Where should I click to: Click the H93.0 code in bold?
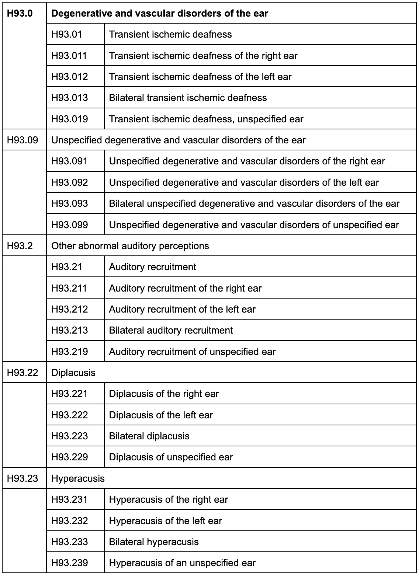(20, 14)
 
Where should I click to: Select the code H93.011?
(69, 56)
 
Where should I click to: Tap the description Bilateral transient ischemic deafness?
(188, 98)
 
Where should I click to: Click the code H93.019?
(70, 119)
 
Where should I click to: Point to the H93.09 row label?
(22, 140)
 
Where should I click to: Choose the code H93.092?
(70, 182)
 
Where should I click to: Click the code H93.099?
(70, 225)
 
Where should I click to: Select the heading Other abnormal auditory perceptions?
(130, 246)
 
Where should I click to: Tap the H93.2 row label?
(20, 246)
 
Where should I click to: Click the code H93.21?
(67, 267)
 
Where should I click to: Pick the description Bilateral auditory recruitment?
(171, 330)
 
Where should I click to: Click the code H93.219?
(70, 352)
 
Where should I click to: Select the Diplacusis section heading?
(73, 373)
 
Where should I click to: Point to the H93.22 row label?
(22, 373)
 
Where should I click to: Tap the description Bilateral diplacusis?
(149, 436)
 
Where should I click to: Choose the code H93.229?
(70, 457)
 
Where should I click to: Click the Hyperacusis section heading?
(78, 478)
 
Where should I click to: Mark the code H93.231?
(69, 499)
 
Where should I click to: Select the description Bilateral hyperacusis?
(154, 542)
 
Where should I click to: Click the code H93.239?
(70, 563)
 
